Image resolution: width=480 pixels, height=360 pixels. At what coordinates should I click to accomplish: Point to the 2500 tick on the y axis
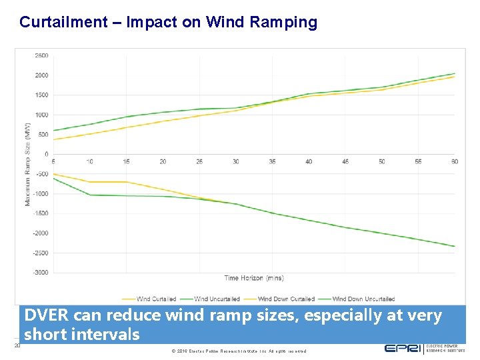(x=41, y=55)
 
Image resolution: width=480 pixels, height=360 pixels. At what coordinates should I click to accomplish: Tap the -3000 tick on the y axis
(x=40, y=273)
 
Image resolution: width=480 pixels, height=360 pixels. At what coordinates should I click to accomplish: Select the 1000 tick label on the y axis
(x=41, y=115)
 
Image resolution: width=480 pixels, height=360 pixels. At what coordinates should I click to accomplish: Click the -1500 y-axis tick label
(x=40, y=213)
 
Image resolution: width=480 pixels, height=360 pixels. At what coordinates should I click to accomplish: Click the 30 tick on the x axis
(x=235, y=162)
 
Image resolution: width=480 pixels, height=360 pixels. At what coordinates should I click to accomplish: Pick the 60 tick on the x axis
(x=454, y=162)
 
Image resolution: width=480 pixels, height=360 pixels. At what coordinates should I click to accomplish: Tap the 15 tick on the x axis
(x=126, y=162)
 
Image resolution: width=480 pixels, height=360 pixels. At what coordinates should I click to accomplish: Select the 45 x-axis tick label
(x=345, y=162)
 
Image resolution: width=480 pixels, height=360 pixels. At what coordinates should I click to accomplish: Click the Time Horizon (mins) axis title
(x=253, y=278)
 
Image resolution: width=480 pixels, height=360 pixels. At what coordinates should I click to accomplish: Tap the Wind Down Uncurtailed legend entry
(x=363, y=299)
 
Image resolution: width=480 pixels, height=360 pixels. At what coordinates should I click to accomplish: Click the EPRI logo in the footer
(x=403, y=348)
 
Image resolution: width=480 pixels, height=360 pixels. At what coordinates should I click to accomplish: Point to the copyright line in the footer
(x=239, y=351)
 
